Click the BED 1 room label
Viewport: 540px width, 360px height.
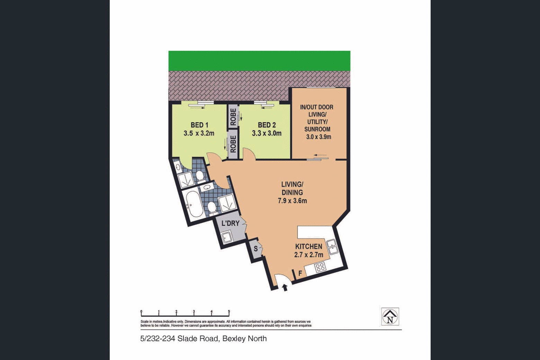click(x=199, y=125)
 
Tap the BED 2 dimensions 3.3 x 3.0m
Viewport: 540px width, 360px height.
click(x=267, y=133)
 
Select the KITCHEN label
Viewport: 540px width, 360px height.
click(x=308, y=246)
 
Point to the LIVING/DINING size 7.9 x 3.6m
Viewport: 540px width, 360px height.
click(x=292, y=201)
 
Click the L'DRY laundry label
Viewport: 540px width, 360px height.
click(x=231, y=223)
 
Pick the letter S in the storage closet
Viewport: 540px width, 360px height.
click(x=256, y=249)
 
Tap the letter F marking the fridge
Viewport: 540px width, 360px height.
click(x=300, y=273)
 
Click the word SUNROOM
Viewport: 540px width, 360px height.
click(x=317, y=129)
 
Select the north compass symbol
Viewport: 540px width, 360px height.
click(x=390, y=316)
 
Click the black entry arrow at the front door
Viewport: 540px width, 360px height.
click(x=285, y=287)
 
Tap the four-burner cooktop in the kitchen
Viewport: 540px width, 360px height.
click(x=320, y=267)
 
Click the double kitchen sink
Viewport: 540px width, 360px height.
click(x=332, y=246)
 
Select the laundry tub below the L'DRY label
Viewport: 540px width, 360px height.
click(x=227, y=238)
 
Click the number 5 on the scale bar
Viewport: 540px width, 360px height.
click(x=229, y=312)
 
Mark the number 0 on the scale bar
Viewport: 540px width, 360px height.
click(x=141, y=312)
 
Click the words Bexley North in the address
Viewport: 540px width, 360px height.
click(x=244, y=339)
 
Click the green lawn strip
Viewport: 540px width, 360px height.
click(x=259, y=61)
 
